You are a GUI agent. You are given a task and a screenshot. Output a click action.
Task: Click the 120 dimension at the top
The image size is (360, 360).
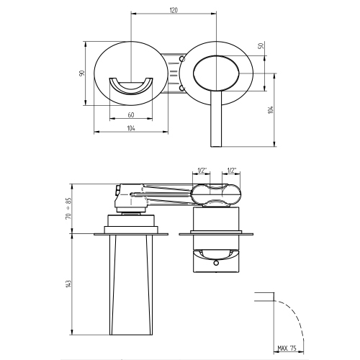(x=174, y=10)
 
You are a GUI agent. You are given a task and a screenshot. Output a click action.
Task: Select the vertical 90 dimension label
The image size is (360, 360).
(x=83, y=73)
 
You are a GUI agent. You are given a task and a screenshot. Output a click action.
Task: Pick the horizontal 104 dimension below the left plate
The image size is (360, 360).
(x=130, y=127)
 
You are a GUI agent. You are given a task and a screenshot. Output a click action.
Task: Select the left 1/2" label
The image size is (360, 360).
(x=202, y=171)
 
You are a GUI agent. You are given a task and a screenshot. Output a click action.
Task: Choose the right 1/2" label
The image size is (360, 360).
(x=232, y=171)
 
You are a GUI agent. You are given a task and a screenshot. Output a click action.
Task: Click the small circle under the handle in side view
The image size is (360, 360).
(x=215, y=264)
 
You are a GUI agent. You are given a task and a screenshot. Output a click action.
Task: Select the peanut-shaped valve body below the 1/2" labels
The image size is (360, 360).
(x=217, y=194)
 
